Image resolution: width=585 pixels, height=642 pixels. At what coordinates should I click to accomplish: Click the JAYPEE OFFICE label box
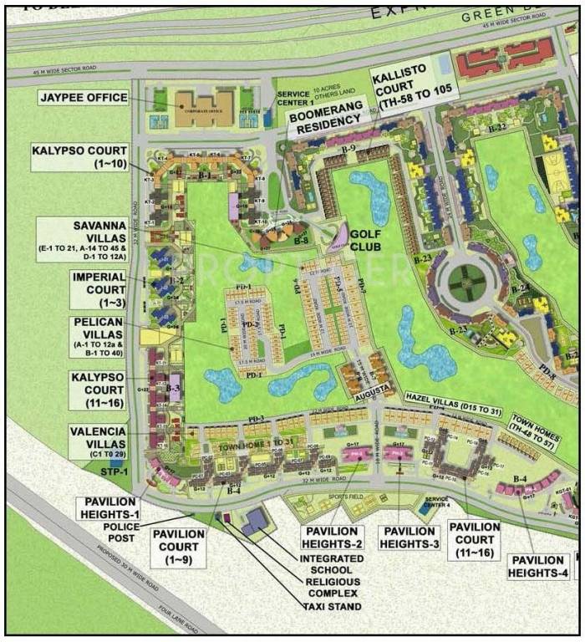pyautogui.click(x=83, y=98)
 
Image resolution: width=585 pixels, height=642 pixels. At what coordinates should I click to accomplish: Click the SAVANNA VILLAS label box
pyautogui.click(x=81, y=241)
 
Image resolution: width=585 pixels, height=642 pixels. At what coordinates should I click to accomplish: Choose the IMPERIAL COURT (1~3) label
pyautogui.click(x=98, y=288)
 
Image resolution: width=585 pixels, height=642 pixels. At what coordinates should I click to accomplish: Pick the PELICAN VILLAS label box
pyautogui.click(x=98, y=338)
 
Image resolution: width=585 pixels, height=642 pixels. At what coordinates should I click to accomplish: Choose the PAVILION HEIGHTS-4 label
pyautogui.click(x=539, y=566)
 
